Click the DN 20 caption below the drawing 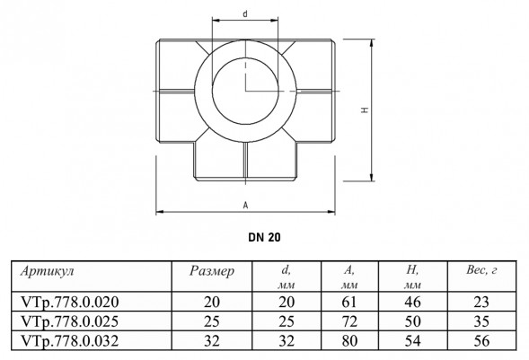(264, 237)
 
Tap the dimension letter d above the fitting (245, 13)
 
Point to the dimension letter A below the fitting (245, 205)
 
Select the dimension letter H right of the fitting (365, 110)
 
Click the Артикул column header (48, 271)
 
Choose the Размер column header (212, 271)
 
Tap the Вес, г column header (481, 270)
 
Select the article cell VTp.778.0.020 (70, 302)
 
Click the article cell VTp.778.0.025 (70, 321)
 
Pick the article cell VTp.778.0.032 (70, 341)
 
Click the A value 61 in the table (348, 302)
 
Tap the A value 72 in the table (348, 321)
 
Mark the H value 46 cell (412, 302)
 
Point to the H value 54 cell (412, 341)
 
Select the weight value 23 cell (481, 302)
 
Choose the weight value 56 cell (481, 341)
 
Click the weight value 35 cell (481, 321)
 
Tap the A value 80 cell (348, 341)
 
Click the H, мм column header (412, 277)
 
